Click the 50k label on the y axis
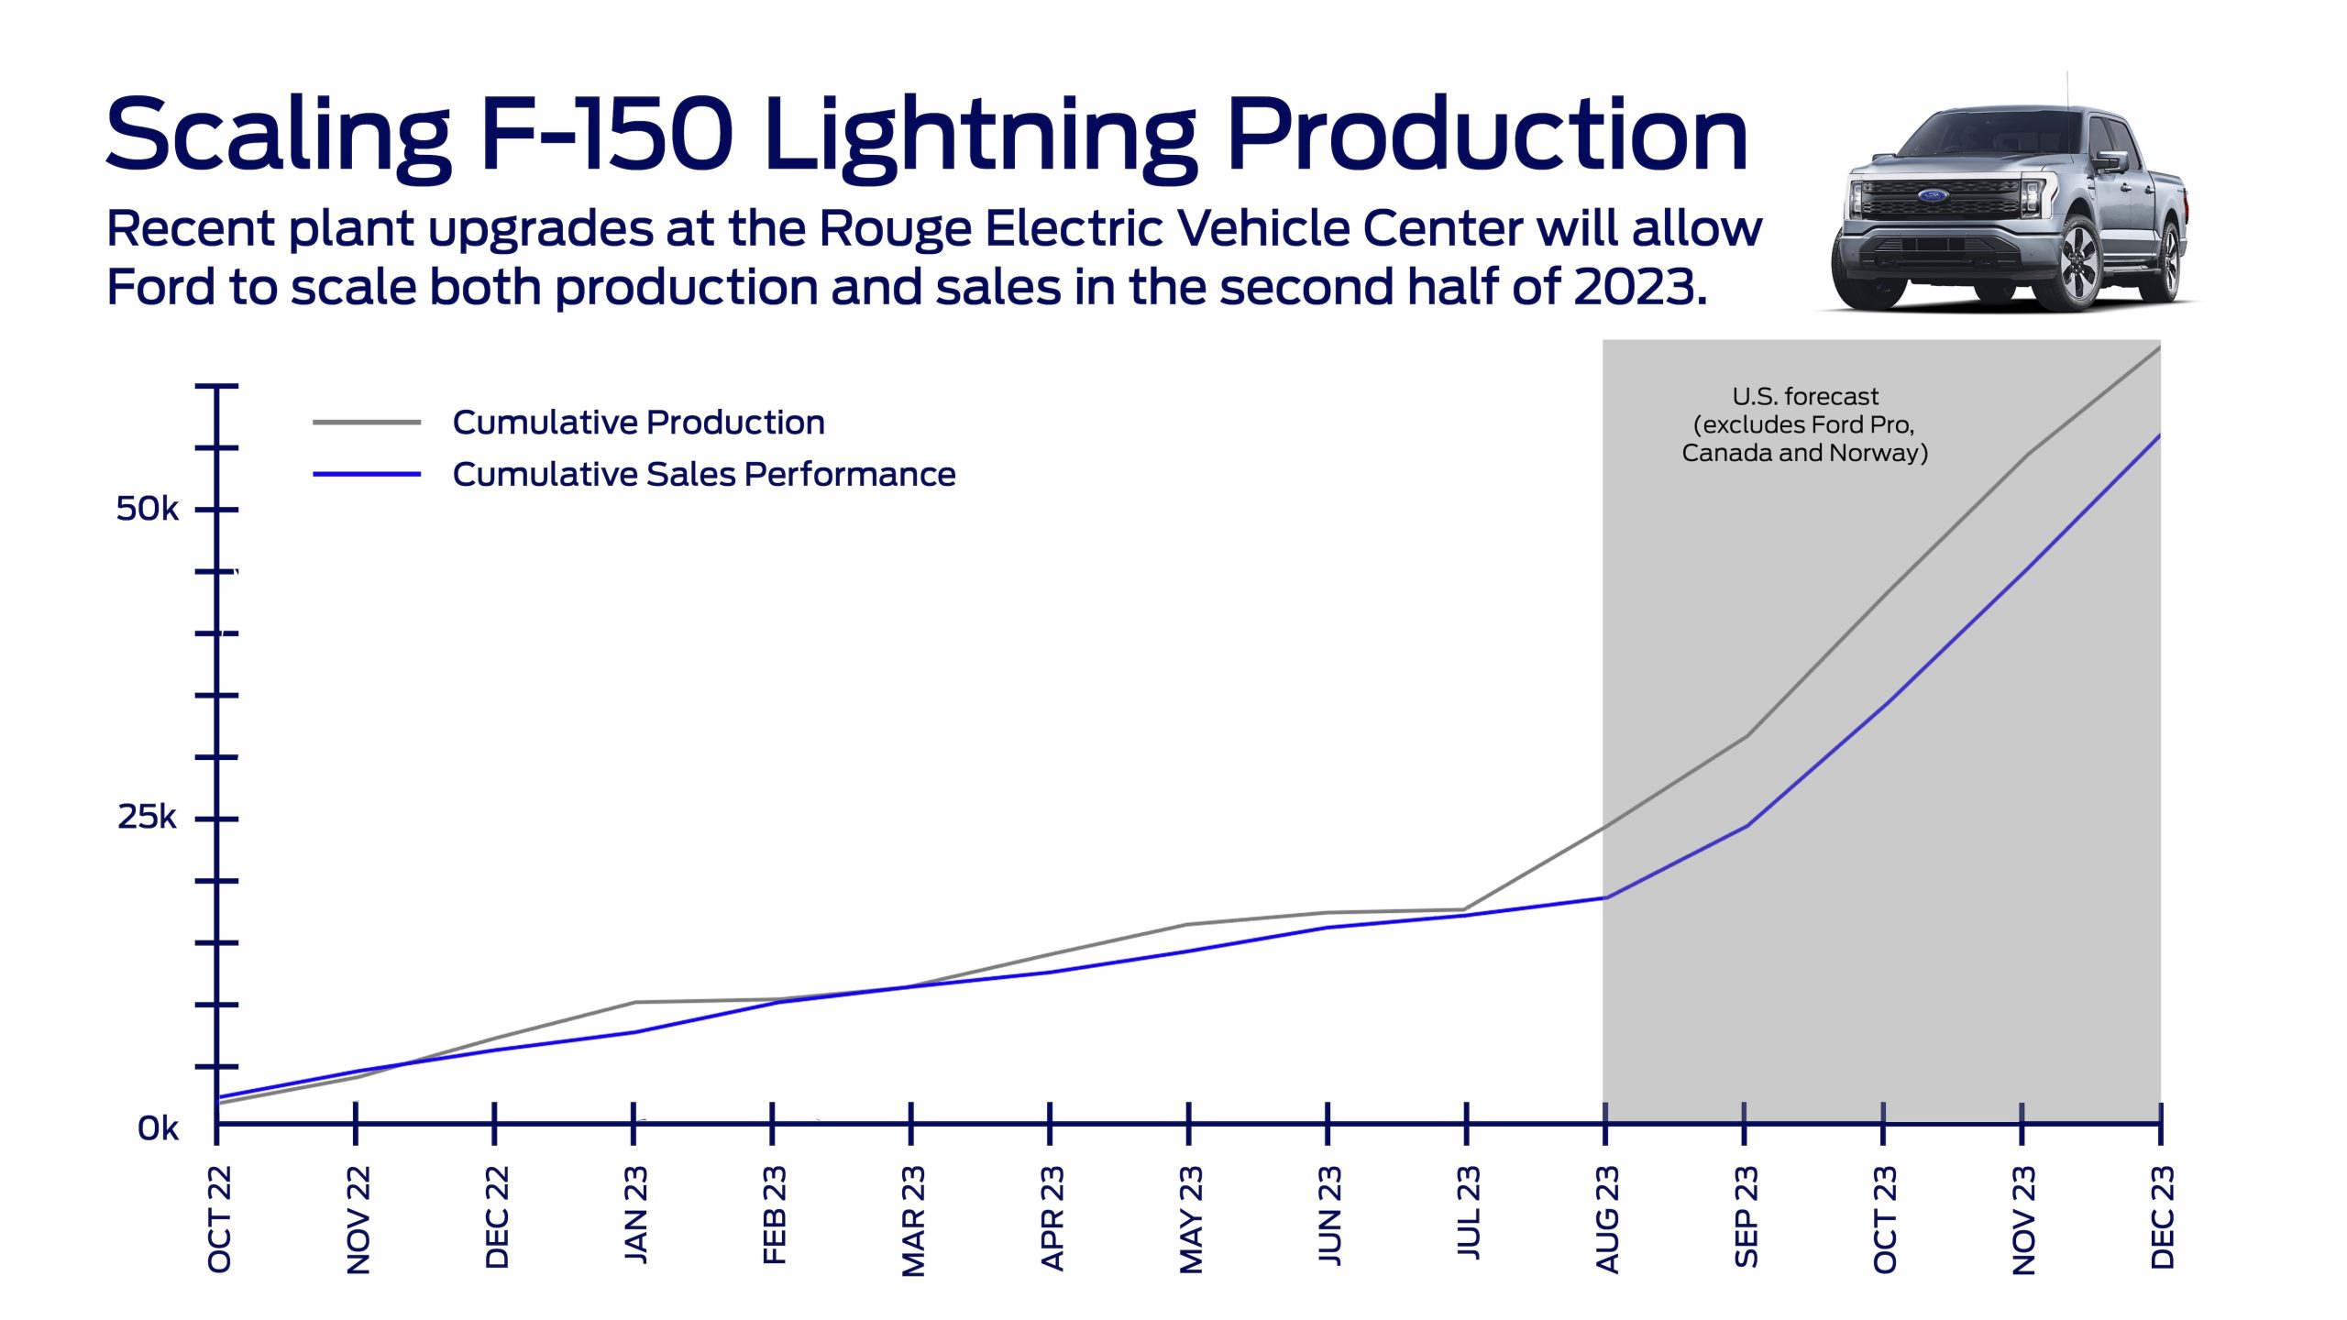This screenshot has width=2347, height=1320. [x=147, y=509]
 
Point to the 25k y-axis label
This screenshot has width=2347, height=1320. [x=147, y=817]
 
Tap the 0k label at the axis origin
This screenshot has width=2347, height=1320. [x=158, y=1128]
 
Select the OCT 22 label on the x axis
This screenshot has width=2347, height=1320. [x=220, y=1219]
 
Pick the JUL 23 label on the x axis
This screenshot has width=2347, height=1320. [x=1469, y=1213]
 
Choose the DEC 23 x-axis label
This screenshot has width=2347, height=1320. [x=2163, y=1217]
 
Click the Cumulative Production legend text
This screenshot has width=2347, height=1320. [x=638, y=423]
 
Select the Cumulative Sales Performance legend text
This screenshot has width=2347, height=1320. [x=703, y=475]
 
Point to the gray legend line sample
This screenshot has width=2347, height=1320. [x=367, y=423]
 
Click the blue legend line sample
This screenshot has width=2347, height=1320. [x=367, y=475]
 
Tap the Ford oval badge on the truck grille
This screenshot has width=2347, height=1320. [x=1933, y=195]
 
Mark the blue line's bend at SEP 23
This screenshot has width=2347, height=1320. [x=1746, y=826]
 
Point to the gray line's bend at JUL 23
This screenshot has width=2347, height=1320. [x=1465, y=909]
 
